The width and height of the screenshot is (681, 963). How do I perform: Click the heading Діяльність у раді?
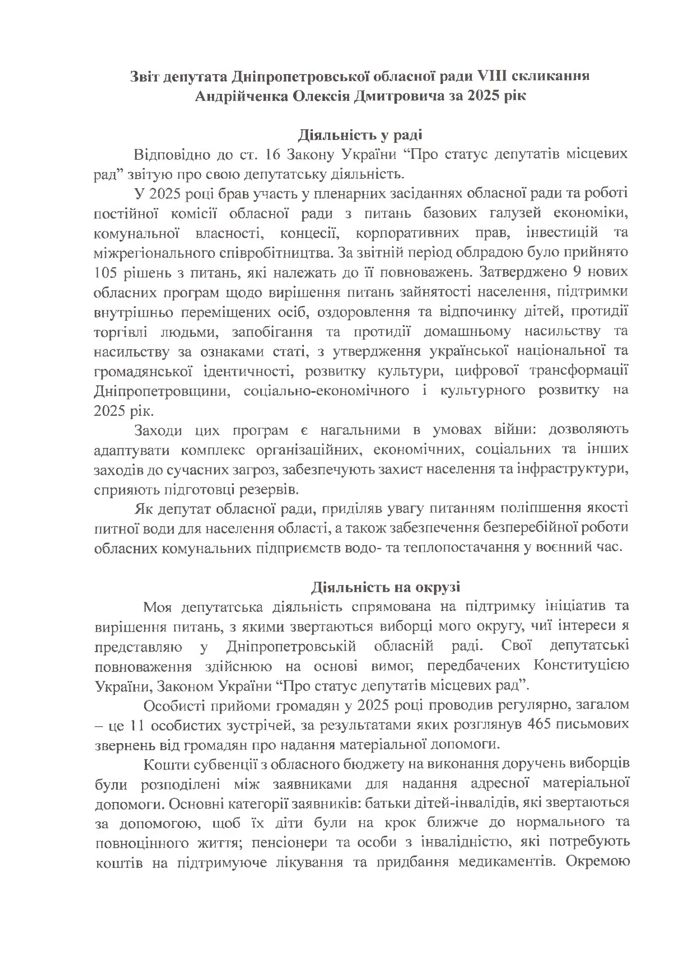360,135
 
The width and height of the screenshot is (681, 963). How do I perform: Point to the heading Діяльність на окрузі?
385,587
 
